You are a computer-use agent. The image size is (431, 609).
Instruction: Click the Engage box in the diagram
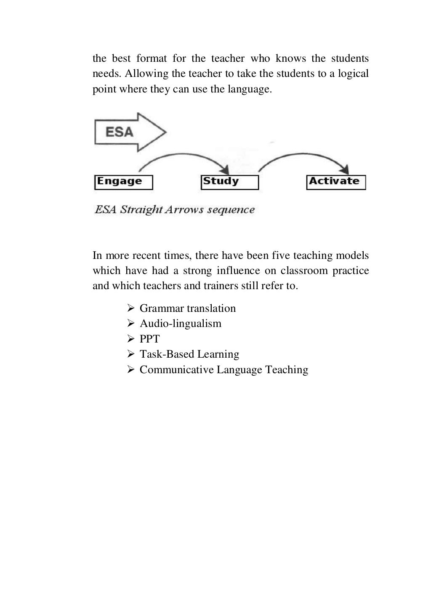[123, 182]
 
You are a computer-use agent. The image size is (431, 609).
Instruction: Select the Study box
[229, 182]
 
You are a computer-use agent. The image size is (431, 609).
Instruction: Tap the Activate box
[336, 182]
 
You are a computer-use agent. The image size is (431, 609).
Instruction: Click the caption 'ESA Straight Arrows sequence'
[175, 210]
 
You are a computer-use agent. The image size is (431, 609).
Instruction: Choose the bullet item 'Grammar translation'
[188, 308]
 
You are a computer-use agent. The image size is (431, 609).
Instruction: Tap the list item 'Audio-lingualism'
[181, 324]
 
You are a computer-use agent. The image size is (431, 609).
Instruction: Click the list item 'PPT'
[150, 339]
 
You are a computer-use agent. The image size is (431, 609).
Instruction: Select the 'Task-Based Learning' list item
[189, 354]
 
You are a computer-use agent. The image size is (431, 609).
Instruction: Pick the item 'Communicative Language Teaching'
[224, 370]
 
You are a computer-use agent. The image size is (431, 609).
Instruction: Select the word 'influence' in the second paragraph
[238, 271]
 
